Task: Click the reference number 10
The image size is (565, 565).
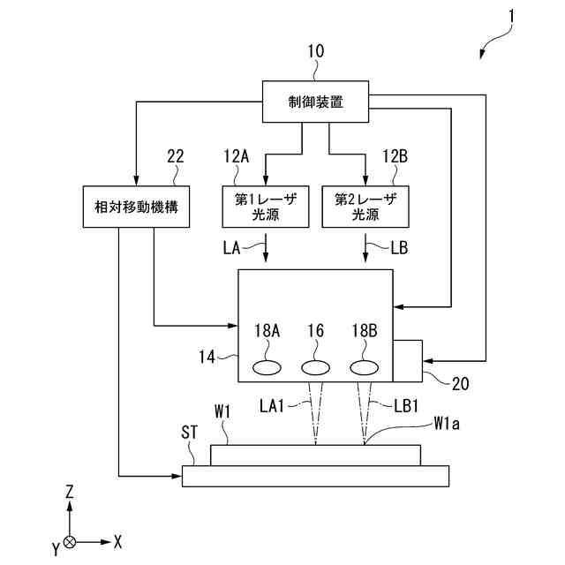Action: click(x=316, y=51)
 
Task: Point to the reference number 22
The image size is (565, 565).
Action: click(x=176, y=156)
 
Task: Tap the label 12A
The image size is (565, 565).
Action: click(x=237, y=156)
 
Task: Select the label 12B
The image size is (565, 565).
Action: click(x=395, y=156)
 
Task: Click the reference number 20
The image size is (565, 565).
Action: click(x=460, y=384)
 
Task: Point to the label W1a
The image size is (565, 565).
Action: click(x=447, y=424)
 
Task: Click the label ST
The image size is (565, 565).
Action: click(x=190, y=433)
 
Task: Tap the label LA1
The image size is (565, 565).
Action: click(x=272, y=406)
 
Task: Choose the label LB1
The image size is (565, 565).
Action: click(x=406, y=406)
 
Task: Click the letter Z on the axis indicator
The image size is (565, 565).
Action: click(x=69, y=492)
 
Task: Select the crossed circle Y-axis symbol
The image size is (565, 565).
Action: click(x=70, y=542)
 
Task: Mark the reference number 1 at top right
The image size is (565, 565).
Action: click(x=511, y=17)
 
